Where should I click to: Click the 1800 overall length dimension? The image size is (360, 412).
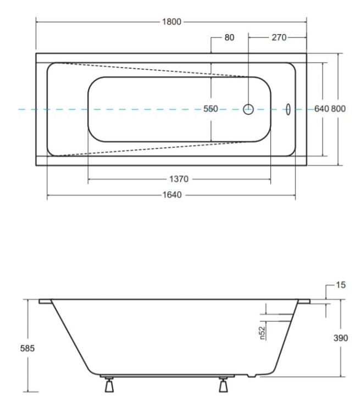click(171, 22)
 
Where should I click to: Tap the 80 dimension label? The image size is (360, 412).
click(229, 37)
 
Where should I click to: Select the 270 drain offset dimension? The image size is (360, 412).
click(279, 37)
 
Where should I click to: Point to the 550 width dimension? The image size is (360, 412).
click(211, 109)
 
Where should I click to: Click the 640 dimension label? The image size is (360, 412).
click(322, 109)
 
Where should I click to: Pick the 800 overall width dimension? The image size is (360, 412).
click(338, 109)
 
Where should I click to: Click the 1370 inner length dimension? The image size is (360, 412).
click(179, 179)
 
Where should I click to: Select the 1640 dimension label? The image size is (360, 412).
click(172, 195)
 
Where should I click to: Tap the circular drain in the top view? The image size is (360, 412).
click(248, 109)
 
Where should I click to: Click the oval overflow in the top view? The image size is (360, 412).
click(288, 109)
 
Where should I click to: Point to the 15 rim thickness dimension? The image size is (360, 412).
click(341, 285)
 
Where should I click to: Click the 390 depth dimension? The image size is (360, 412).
click(341, 338)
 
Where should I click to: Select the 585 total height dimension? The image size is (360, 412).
click(27, 348)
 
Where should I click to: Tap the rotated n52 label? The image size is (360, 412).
click(262, 333)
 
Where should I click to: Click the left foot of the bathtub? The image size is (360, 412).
click(109, 385)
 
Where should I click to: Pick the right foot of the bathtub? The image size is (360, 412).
click(223, 385)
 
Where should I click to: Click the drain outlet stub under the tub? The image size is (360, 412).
click(252, 376)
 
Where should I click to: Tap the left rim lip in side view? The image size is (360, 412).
click(45, 302)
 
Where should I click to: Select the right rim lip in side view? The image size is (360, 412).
click(304, 302)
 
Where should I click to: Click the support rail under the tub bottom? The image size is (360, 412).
click(167, 376)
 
